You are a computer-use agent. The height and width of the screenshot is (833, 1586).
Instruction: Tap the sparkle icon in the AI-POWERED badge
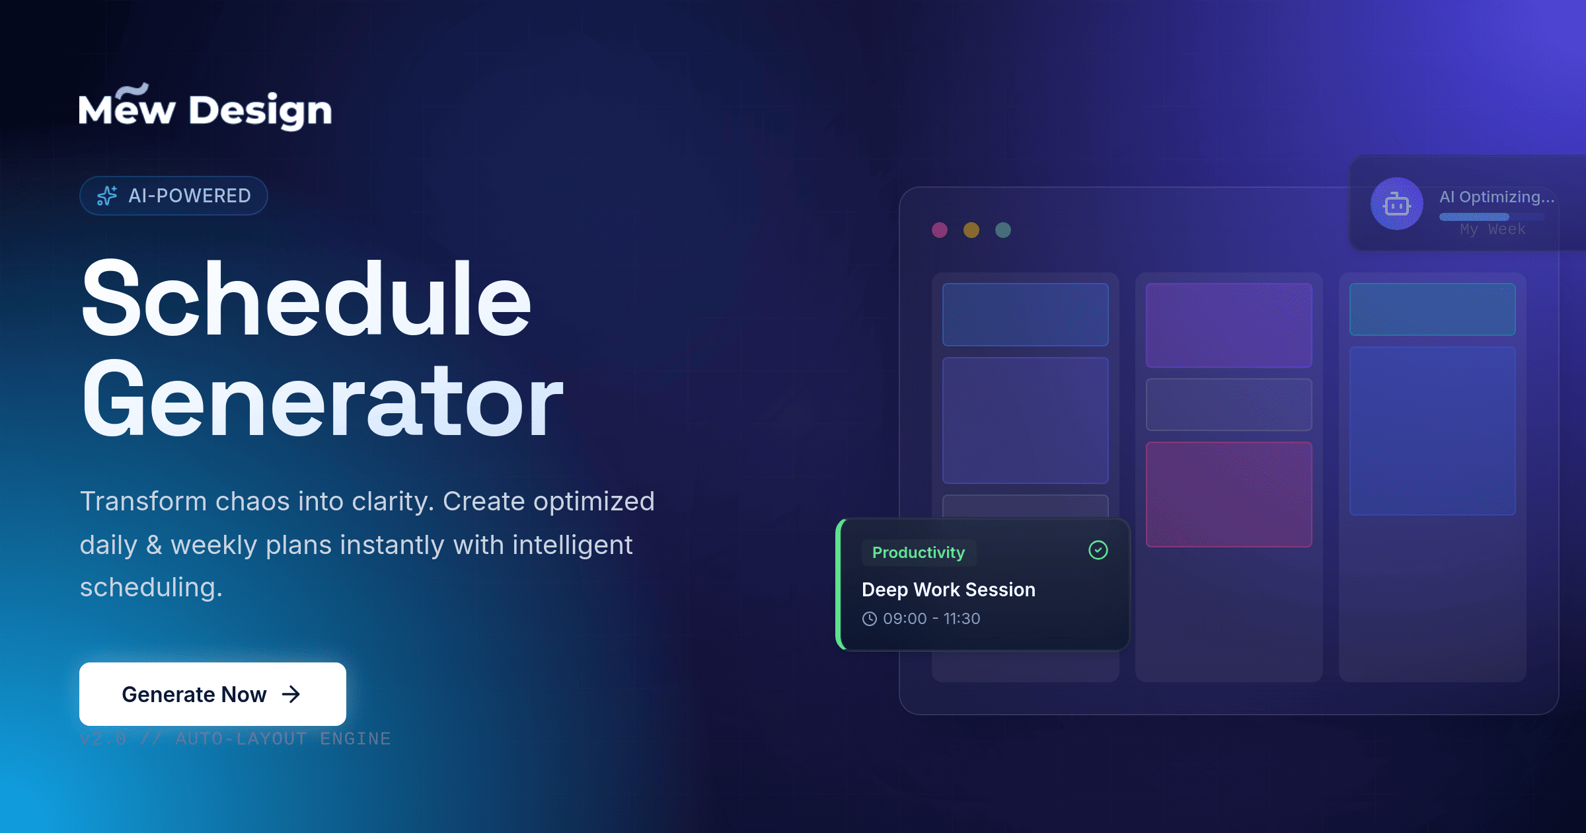107,196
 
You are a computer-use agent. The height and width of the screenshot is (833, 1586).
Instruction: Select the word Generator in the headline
322,400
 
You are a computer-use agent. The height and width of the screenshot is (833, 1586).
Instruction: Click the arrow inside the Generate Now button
291,694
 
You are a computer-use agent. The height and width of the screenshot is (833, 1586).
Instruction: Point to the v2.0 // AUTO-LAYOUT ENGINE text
235,738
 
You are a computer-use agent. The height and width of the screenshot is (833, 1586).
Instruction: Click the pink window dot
940,230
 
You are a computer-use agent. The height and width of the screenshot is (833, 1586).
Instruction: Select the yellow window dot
971,230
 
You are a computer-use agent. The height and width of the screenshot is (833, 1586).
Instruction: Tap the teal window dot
1003,230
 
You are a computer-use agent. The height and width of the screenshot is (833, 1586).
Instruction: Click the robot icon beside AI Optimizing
1396,204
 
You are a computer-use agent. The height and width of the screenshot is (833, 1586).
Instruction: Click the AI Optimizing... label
1497,197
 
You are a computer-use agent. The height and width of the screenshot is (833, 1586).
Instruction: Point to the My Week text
1493,229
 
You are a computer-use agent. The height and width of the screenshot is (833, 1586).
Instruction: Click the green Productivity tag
919,553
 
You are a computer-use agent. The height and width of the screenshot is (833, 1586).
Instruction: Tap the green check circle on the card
1098,550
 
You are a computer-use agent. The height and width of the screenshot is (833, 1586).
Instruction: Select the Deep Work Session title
948,590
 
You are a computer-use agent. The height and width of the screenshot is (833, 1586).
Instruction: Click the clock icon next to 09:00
870,619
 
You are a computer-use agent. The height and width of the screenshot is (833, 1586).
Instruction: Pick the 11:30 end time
962,619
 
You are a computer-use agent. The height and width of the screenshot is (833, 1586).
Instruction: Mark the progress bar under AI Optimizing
1474,217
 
